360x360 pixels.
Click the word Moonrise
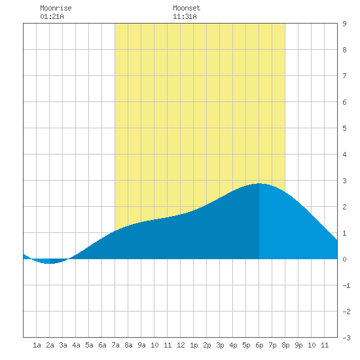click(x=56, y=8)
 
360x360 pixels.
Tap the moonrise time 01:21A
click(x=52, y=16)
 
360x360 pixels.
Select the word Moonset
click(x=187, y=8)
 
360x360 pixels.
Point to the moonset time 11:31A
click(x=185, y=16)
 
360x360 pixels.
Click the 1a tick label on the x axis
click(x=37, y=345)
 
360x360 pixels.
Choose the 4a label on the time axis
click(x=76, y=345)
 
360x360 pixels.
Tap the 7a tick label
click(x=115, y=345)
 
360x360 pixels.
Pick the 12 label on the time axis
click(x=181, y=345)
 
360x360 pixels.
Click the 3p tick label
click(x=220, y=345)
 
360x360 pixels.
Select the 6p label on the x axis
click(x=259, y=345)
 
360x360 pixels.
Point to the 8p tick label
click(x=285, y=345)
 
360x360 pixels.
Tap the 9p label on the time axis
click(x=298, y=345)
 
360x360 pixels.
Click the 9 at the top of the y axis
click(x=344, y=24)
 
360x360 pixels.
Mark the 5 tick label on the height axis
click(x=344, y=128)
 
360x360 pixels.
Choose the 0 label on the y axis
click(x=344, y=259)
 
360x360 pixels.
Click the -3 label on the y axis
click(x=346, y=338)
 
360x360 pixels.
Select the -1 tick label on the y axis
click(x=346, y=285)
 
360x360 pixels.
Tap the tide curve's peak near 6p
click(x=259, y=183)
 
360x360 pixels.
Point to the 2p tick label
click(x=207, y=345)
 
